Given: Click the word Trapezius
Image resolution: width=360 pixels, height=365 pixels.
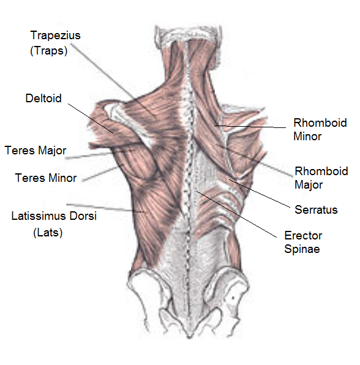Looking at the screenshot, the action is click(55, 36).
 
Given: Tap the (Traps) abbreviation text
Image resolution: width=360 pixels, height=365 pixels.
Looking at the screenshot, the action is click(49, 51).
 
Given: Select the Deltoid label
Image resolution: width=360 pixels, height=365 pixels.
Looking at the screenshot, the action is click(43, 98).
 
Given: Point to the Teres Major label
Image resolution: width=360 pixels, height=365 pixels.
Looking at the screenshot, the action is click(36, 151).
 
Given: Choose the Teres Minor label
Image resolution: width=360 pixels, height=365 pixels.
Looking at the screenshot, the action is click(46, 178).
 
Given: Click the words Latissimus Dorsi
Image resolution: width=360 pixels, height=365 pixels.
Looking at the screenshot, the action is click(54, 216).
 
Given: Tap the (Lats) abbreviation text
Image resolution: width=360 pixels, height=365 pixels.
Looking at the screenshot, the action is click(48, 232).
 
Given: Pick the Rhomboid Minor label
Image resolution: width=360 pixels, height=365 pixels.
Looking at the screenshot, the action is click(320, 129).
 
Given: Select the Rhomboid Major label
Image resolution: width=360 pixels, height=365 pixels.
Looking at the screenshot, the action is click(321, 178).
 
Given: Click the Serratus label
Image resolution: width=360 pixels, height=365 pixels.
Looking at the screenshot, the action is click(316, 209).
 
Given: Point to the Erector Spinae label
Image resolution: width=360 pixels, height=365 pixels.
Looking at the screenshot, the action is click(303, 242).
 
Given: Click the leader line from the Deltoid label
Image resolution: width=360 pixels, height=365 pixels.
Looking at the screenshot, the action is click(91, 118).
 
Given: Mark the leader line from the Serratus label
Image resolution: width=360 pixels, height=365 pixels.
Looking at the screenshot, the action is click(260, 193).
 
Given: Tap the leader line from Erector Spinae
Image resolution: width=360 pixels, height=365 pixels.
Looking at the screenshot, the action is click(237, 214).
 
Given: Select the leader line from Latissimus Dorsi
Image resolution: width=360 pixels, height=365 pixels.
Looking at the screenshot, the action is click(105, 208).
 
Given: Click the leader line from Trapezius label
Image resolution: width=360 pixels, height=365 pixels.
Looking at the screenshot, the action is click(113, 79).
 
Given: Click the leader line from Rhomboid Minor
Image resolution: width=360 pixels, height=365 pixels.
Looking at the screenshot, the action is click(250, 127).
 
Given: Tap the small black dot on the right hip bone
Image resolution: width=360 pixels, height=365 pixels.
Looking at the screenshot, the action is click(233, 298).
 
